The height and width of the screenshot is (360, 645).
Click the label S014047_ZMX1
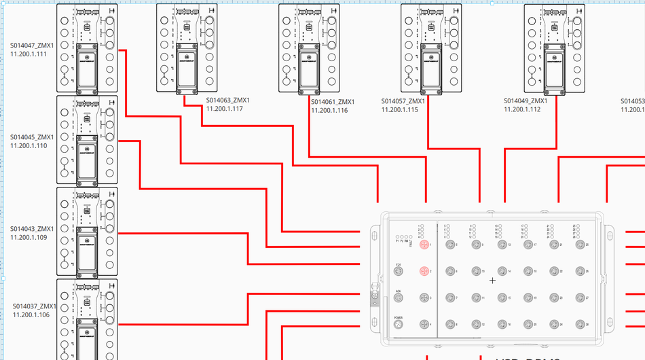point(31,46)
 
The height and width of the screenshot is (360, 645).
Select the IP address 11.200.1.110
point(29,145)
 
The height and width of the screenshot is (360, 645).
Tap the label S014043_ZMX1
point(31,229)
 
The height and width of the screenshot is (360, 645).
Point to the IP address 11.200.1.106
point(31,314)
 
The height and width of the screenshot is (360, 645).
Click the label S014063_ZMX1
point(228,101)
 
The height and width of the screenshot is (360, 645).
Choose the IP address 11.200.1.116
point(329,110)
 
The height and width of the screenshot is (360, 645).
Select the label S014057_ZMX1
point(403,101)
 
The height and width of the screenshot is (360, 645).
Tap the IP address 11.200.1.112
point(522,109)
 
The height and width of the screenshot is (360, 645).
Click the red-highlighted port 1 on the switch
point(424,245)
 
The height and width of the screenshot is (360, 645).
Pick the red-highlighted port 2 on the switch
point(424,271)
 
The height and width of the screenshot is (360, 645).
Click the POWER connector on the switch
point(399,325)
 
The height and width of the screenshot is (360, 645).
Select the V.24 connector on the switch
point(399,271)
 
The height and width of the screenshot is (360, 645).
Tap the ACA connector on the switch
point(399,298)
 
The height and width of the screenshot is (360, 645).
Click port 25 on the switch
point(579,245)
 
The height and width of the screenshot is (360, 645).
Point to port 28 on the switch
point(579,325)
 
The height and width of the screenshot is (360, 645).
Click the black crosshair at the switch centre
point(492,281)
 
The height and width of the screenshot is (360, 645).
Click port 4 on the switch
point(424,325)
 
